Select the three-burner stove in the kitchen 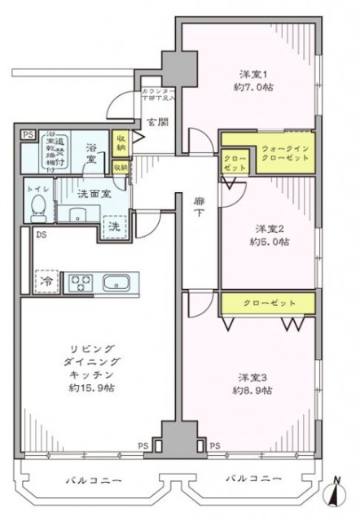[81, 283]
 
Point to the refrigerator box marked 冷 [46, 280]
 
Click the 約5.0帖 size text [261, 242]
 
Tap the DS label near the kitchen [40, 237]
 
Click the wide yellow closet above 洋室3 [268, 303]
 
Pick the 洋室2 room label [261, 227]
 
